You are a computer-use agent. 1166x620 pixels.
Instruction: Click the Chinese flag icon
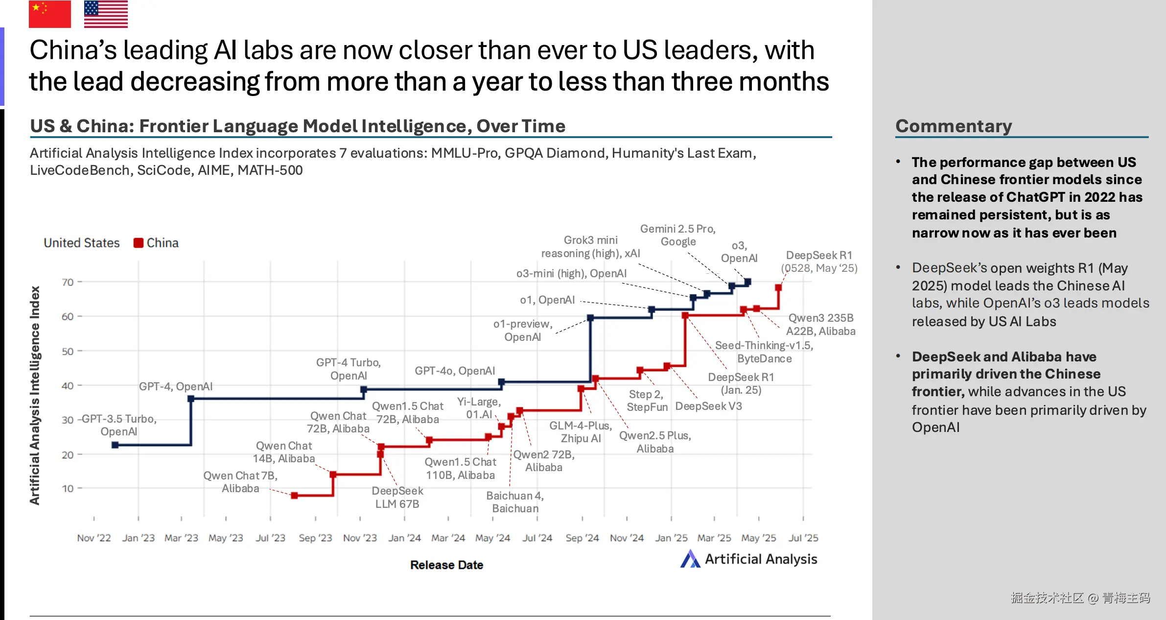[49, 14]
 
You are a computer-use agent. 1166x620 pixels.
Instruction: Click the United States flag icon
[106, 14]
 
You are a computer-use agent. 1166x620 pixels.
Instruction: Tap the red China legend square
[139, 243]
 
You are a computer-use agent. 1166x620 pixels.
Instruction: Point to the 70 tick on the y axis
[68, 282]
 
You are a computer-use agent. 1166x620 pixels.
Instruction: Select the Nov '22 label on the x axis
[94, 538]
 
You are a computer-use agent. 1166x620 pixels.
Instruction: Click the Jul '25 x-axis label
[803, 538]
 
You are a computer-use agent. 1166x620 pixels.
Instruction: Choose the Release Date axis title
[446, 565]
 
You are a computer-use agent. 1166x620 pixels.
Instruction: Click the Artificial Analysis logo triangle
[690, 559]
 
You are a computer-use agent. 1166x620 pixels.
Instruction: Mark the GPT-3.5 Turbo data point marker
[115, 445]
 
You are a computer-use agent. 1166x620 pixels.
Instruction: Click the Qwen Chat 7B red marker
[294, 496]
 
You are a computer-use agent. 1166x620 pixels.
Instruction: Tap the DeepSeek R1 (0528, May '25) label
[819, 262]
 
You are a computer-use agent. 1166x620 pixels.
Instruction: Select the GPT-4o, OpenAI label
[455, 371]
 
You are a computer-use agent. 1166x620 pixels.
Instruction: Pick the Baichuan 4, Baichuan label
[515, 502]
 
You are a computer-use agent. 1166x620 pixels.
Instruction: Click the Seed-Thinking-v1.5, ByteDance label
[764, 352]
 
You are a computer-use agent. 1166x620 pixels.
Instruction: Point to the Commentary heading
[954, 126]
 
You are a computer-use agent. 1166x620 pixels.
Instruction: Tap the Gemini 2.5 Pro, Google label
[678, 235]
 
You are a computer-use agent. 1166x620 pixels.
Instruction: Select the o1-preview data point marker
[590, 318]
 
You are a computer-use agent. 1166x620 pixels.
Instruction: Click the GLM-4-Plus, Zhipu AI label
[581, 432]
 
